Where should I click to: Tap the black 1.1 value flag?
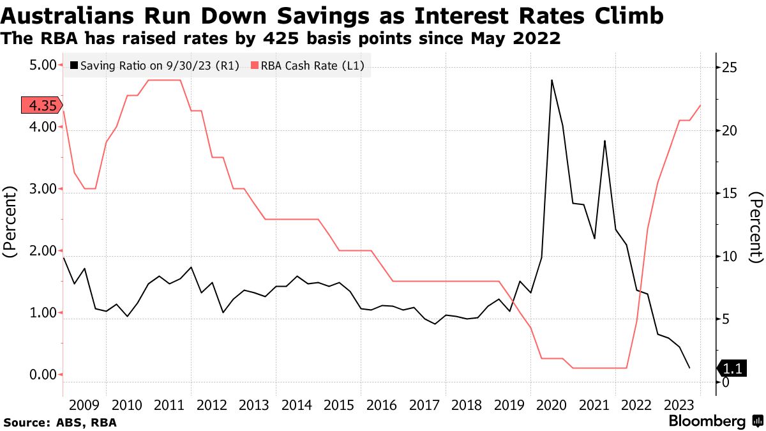(x=732, y=368)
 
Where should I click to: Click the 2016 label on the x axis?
(x=382, y=405)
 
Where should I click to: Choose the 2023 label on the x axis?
(x=679, y=405)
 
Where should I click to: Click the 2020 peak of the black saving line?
(x=552, y=80)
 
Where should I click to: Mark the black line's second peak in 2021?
(x=605, y=141)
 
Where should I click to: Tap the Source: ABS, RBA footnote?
(x=61, y=422)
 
